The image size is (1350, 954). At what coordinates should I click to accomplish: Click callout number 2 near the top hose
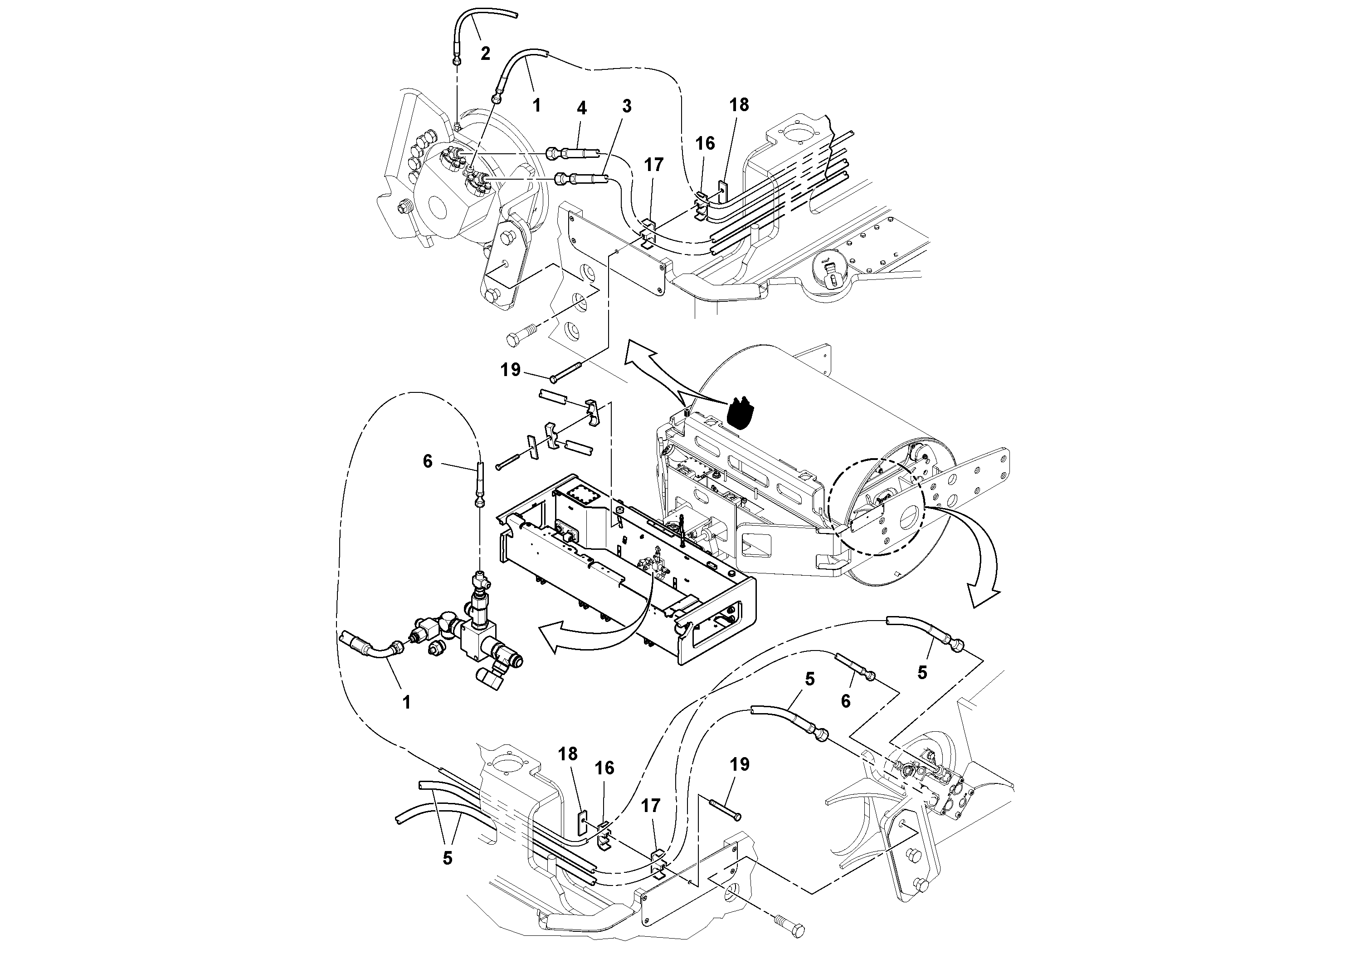click(485, 54)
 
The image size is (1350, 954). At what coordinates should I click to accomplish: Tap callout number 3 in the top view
click(627, 107)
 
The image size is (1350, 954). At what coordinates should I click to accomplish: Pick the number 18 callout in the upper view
click(739, 105)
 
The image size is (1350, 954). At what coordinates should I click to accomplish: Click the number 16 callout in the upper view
click(705, 143)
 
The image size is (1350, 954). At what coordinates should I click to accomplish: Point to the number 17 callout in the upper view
click(653, 165)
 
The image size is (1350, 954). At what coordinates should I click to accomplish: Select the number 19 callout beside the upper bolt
click(510, 370)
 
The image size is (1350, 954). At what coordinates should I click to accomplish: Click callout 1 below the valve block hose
click(406, 702)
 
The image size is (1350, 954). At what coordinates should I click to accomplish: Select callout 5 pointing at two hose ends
click(448, 859)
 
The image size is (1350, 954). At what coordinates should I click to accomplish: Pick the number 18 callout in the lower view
click(568, 754)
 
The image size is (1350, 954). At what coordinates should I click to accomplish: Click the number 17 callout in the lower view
click(651, 806)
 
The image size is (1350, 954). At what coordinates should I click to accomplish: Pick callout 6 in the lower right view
click(846, 701)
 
